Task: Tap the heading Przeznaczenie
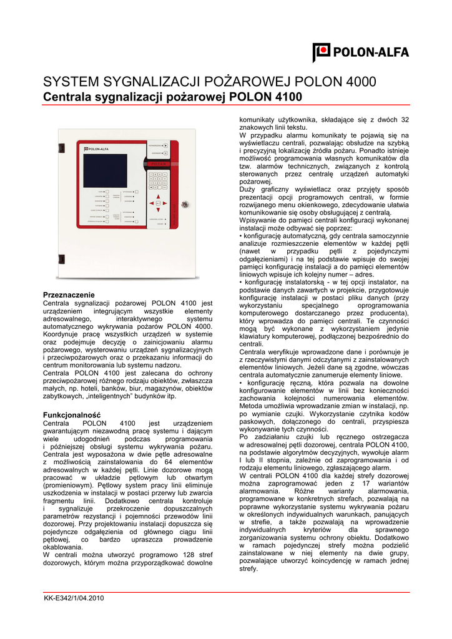click(x=69, y=295)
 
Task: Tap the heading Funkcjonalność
click(x=71, y=415)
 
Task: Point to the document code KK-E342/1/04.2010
click(x=74, y=598)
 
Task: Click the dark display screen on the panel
click(x=104, y=171)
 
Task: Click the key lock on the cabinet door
click(x=184, y=204)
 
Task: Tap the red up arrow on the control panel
click(x=158, y=197)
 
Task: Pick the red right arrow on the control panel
click(x=164, y=203)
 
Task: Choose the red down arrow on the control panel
click(x=158, y=209)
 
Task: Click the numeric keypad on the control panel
click(x=158, y=181)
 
